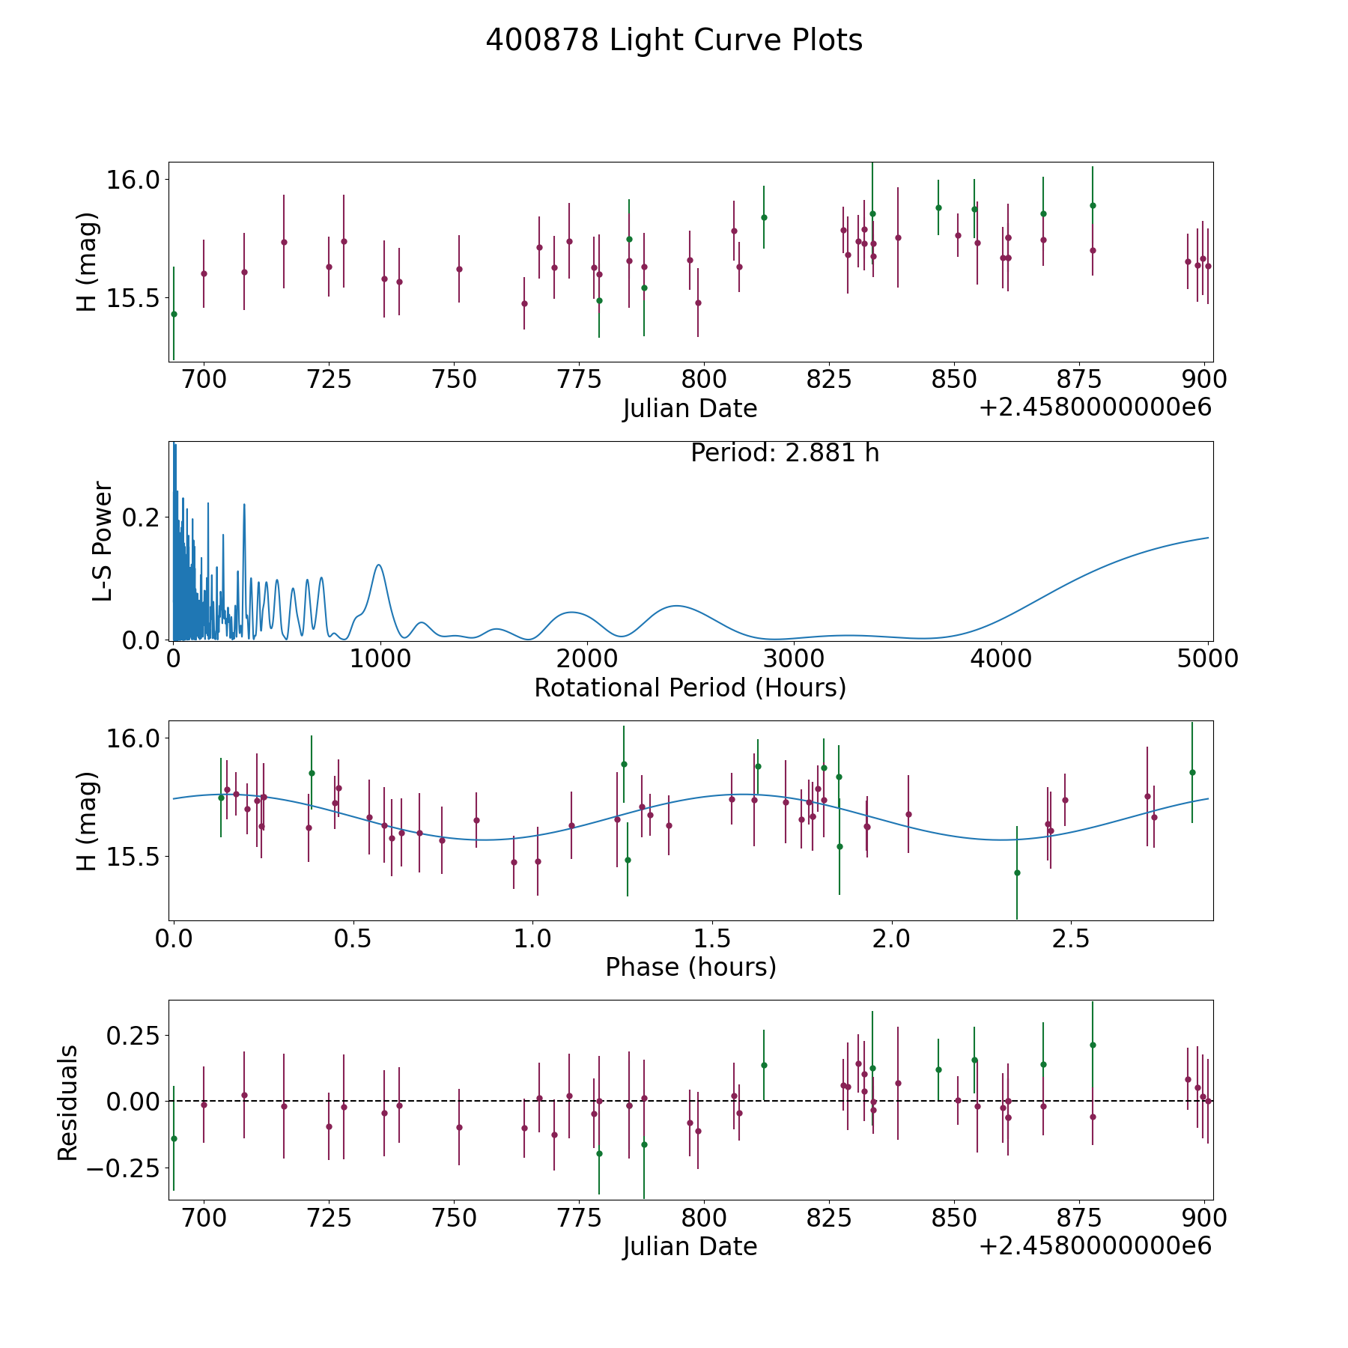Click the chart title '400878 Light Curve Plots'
[x=674, y=40]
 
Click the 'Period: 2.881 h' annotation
[x=784, y=454]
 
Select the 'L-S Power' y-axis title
[x=103, y=541]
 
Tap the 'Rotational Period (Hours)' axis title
[x=690, y=687]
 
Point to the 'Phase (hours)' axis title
[x=690, y=967]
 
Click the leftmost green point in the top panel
[x=174, y=314]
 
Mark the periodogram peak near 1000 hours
[x=379, y=565]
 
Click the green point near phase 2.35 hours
[x=1016, y=872]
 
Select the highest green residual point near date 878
[x=1093, y=1045]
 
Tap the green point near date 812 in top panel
[x=764, y=217]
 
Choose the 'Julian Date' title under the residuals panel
[x=690, y=1247]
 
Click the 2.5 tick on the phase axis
[x=1070, y=938]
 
